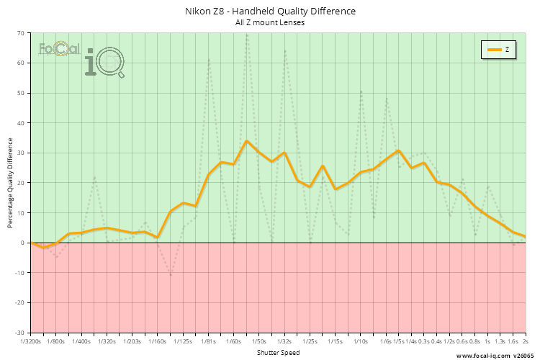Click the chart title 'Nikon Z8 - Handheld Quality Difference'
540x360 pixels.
coord(270,12)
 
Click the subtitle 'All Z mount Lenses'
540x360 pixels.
coord(270,22)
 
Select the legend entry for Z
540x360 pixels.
coord(498,50)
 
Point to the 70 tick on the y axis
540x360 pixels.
coord(21,33)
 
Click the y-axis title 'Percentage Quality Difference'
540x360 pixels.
coord(10,183)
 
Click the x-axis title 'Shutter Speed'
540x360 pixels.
coord(278,353)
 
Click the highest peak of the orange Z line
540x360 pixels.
coord(246,141)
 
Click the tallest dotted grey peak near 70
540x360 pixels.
coord(247,35)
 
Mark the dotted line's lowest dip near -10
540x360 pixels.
coord(171,274)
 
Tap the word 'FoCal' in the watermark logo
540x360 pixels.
coord(59,50)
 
